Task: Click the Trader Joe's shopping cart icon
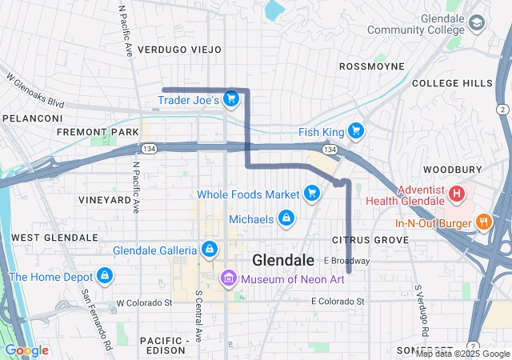(x=230, y=100)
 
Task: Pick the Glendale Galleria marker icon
(x=209, y=250)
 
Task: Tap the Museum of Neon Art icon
(x=228, y=278)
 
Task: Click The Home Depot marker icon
(x=103, y=277)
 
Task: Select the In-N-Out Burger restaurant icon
(x=483, y=222)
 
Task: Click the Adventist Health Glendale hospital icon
(x=456, y=194)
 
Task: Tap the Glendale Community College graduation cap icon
(x=478, y=23)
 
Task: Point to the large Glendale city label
(x=282, y=261)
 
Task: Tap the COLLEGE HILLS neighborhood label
(x=453, y=83)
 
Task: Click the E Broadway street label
(x=346, y=261)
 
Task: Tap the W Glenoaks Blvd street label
(x=34, y=91)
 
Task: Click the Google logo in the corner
(x=26, y=350)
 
